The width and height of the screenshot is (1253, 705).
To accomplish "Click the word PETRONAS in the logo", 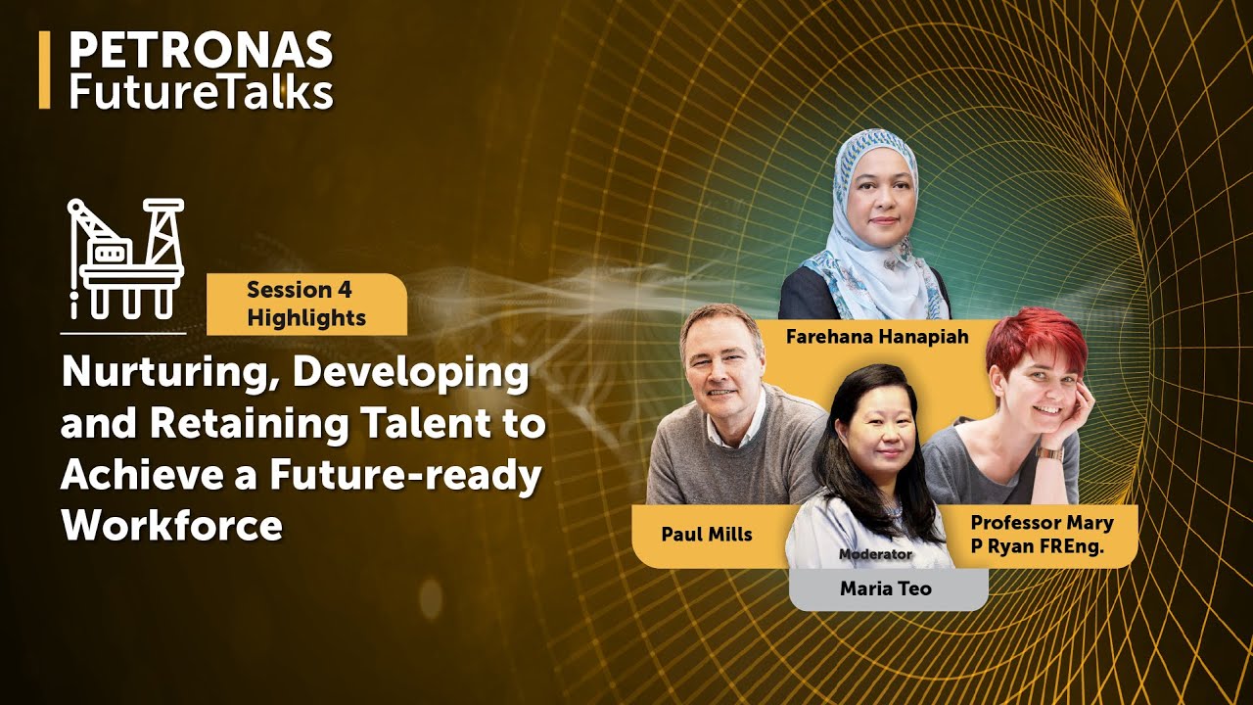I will pyautogui.click(x=201, y=51).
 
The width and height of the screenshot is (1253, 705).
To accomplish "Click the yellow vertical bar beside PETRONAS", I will pyautogui.click(x=44, y=70).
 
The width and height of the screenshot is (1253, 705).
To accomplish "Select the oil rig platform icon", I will pyautogui.click(x=124, y=258).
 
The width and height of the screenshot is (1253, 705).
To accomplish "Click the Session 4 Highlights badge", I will pyautogui.click(x=306, y=304).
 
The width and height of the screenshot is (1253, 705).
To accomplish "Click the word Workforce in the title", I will pyautogui.click(x=171, y=526).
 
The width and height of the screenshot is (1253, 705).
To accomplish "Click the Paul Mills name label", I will pyautogui.click(x=706, y=535).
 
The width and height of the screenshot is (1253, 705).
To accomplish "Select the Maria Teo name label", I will pyautogui.click(x=885, y=588).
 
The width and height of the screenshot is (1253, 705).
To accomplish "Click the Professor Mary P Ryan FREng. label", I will pyautogui.click(x=1041, y=535).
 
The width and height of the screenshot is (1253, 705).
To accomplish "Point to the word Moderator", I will pyautogui.click(x=874, y=554).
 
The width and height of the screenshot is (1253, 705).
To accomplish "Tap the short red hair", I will pyautogui.click(x=1036, y=338).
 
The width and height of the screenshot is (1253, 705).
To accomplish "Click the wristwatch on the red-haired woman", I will pyautogui.click(x=1048, y=452).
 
